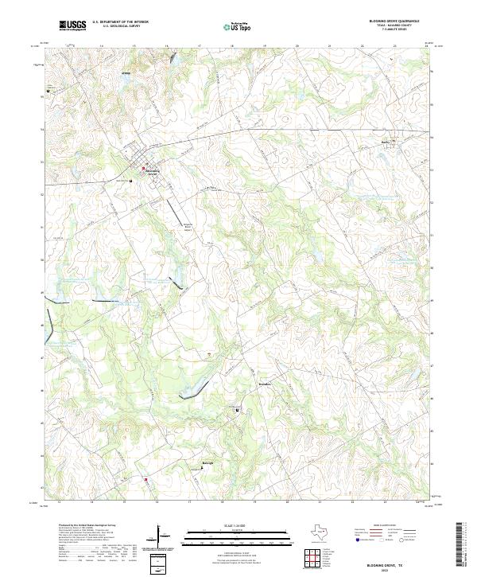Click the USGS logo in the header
(x=73, y=25)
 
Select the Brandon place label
(x=243, y=383)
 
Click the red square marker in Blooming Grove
(x=143, y=168)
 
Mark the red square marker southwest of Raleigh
(x=145, y=478)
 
